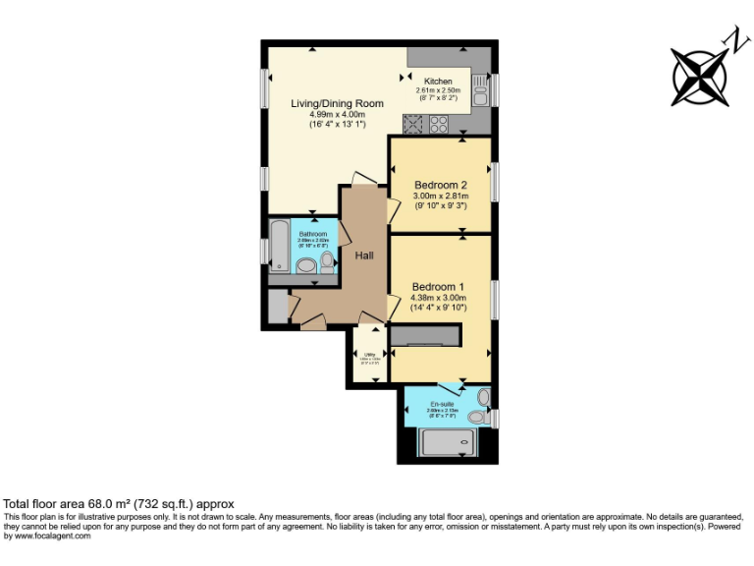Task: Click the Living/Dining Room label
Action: click(336, 103)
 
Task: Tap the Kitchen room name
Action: click(438, 81)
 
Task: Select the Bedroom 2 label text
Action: click(440, 185)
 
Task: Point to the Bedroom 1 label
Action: click(439, 286)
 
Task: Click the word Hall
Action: click(364, 255)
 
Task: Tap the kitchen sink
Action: click(480, 95)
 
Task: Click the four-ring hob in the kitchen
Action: click(439, 125)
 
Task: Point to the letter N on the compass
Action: click(732, 38)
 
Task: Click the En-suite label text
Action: click(442, 404)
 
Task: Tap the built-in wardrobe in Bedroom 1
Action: click(424, 337)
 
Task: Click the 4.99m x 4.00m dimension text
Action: click(336, 115)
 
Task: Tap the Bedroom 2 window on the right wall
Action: click(494, 183)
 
